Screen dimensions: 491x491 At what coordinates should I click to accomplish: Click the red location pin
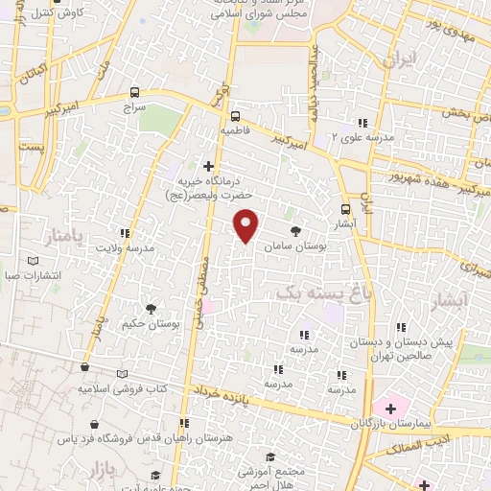[246, 224]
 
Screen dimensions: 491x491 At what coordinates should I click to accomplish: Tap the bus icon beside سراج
[133, 92]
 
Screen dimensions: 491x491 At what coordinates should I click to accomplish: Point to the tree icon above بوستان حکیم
[151, 308]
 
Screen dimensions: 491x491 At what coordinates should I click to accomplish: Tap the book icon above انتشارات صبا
[35, 261]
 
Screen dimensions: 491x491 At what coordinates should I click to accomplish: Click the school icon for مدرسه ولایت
[124, 232]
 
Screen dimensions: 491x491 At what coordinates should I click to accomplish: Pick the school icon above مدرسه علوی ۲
[362, 123]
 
